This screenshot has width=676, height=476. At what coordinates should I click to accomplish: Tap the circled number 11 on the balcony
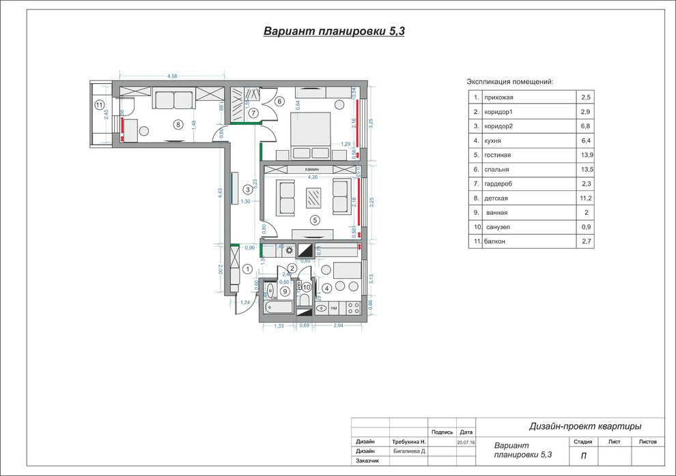point(100,105)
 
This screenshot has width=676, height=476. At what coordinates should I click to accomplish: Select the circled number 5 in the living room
point(314,220)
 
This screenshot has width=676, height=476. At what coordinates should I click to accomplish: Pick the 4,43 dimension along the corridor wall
point(221,193)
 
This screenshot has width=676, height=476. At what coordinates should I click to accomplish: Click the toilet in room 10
point(305,299)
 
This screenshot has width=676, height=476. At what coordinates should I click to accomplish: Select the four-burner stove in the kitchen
point(353,308)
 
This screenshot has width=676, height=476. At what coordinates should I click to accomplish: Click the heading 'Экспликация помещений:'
point(510,82)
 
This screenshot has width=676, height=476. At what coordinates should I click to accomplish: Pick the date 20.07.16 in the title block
point(466,442)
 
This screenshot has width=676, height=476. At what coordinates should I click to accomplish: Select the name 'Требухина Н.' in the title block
point(409,442)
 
